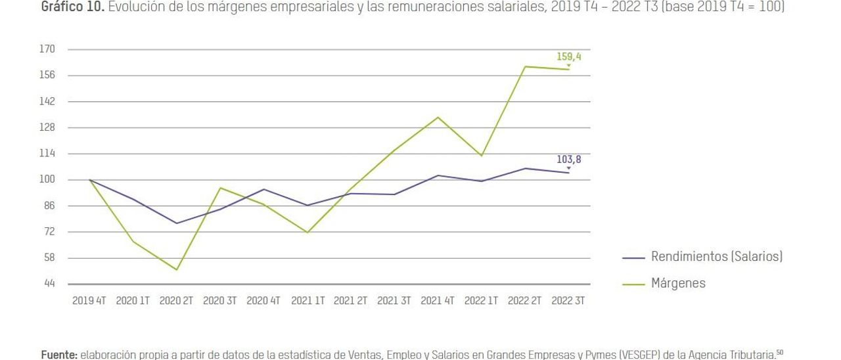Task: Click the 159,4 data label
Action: [x=568, y=57]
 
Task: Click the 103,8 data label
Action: [x=568, y=159]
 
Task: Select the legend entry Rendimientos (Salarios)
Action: [x=716, y=257]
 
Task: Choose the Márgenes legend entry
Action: [x=678, y=284]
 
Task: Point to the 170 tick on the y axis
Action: [x=47, y=49]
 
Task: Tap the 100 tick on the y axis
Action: [x=47, y=179]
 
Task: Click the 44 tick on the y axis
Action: [x=49, y=284]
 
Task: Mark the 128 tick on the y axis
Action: [x=47, y=127]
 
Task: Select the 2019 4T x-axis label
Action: [x=89, y=301]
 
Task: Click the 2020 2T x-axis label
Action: [x=176, y=301]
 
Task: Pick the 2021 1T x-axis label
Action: [x=307, y=301]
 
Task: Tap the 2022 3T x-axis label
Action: [x=568, y=301]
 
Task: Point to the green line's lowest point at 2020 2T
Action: [x=176, y=269]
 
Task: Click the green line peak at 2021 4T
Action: [x=438, y=118]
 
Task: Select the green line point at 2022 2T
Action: [x=525, y=66]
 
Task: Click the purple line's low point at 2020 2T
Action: [x=176, y=223]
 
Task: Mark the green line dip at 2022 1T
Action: [x=482, y=156]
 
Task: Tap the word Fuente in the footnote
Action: [x=58, y=355]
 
